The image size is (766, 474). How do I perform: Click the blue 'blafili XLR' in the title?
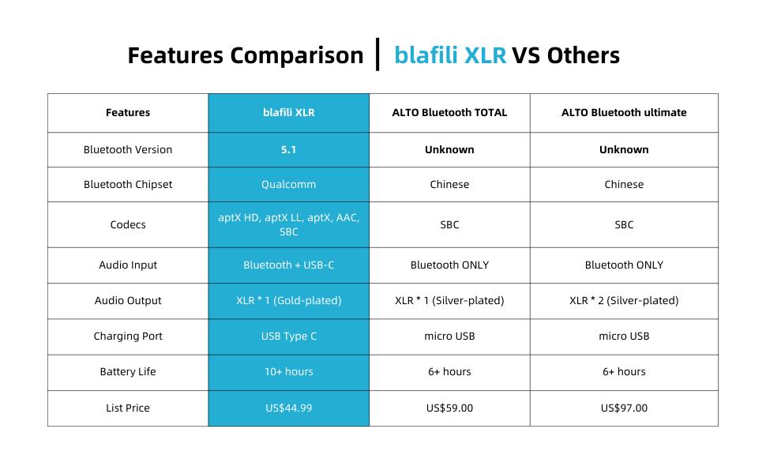(449, 55)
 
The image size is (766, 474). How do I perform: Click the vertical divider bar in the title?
(378, 54)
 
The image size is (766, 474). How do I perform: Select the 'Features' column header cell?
(128, 113)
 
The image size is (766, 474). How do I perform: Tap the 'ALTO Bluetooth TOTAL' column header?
(449, 113)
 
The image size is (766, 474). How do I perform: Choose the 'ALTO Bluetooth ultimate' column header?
(624, 113)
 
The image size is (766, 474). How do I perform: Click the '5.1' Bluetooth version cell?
(288, 150)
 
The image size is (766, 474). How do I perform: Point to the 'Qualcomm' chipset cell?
(288, 185)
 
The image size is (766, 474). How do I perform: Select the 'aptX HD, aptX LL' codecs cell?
(288, 225)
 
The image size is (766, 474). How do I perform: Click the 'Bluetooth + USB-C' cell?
(288, 265)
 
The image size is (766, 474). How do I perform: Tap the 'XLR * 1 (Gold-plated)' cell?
(288, 301)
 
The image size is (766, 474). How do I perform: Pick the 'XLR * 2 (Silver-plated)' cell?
(624, 301)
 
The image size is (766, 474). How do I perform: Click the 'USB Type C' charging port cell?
(288, 337)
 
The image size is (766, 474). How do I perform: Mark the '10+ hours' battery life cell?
(288, 372)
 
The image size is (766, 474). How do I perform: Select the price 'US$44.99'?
(288, 408)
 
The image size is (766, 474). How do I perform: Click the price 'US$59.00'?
(449, 408)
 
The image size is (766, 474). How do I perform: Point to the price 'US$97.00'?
(624, 408)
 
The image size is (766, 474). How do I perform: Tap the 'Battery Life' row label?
(128, 372)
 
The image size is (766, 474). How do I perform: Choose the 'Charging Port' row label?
(128, 337)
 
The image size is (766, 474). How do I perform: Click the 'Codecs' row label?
(128, 225)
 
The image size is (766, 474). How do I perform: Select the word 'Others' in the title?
(583, 55)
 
